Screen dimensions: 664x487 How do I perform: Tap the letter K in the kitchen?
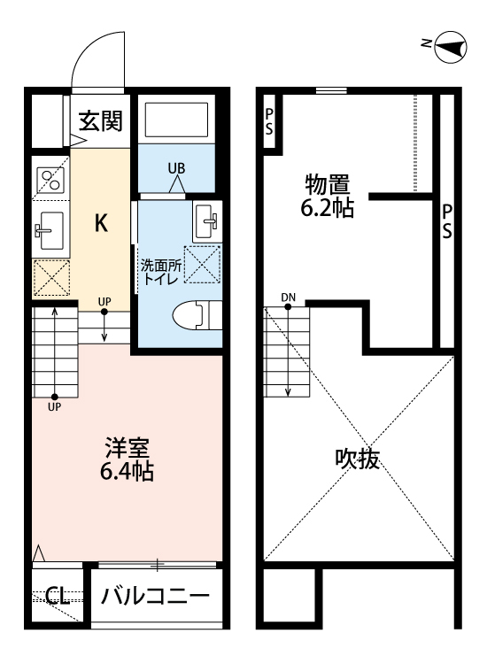(102, 224)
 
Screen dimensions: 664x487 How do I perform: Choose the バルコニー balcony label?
(155, 595)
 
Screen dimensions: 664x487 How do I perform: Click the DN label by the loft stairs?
(289, 297)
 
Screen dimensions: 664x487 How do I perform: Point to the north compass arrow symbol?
(452, 47)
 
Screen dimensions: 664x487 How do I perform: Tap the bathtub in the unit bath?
(176, 118)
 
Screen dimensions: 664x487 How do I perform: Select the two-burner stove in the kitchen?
(50, 181)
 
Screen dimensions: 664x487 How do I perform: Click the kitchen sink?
(50, 231)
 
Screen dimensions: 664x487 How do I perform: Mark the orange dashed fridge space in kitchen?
(50, 278)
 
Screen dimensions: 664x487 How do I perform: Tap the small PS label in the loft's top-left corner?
(268, 122)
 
